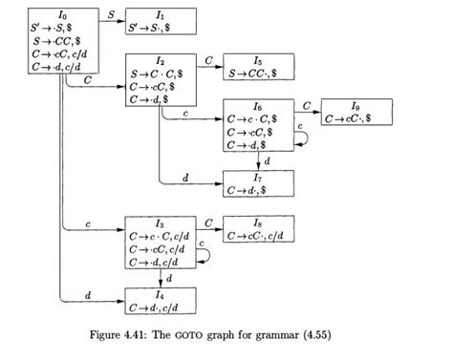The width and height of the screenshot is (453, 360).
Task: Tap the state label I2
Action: tap(161, 60)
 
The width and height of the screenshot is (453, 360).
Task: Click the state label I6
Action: tap(259, 104)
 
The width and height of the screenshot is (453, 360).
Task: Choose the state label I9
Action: tap(356, 104)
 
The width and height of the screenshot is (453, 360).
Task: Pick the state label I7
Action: tap(259, 177)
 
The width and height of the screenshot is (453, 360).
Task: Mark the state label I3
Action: tap(161, 222)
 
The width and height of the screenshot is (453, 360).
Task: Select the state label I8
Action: tap(259, 222)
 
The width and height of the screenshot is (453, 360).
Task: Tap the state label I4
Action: tap(161, 294)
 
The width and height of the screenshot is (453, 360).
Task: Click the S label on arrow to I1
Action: tap(110, 13)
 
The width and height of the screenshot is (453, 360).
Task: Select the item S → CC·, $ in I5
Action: tap(258, 73)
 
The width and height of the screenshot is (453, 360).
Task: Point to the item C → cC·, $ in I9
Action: tap(355, 117)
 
